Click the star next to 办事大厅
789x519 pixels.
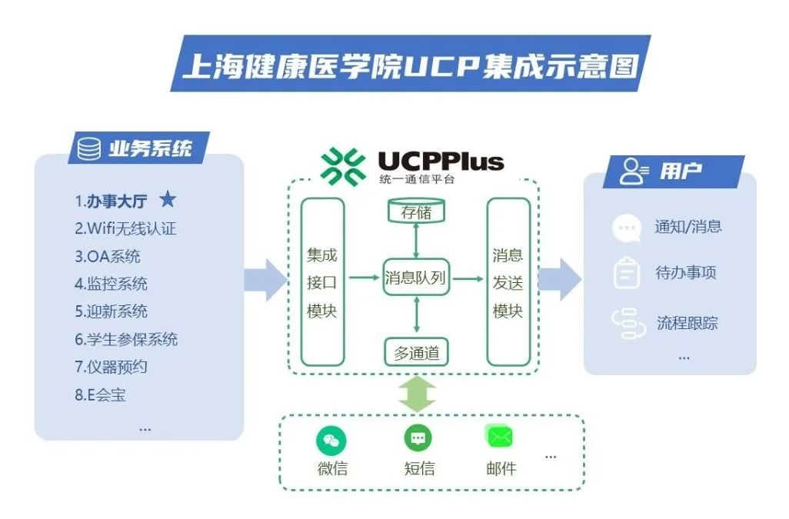(168, 200)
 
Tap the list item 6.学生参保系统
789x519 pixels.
(126, 339)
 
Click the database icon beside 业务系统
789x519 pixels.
(89, 148)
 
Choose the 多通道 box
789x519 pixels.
(416, 353)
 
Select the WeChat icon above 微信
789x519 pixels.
(331, 441)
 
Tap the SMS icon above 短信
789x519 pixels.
(418, 438)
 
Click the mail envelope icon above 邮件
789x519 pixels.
(500, 437)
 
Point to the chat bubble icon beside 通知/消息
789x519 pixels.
(626, 228)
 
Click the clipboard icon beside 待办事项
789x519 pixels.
(627, 273)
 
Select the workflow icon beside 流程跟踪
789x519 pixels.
(628, 324)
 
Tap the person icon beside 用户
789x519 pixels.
(634, 171)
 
